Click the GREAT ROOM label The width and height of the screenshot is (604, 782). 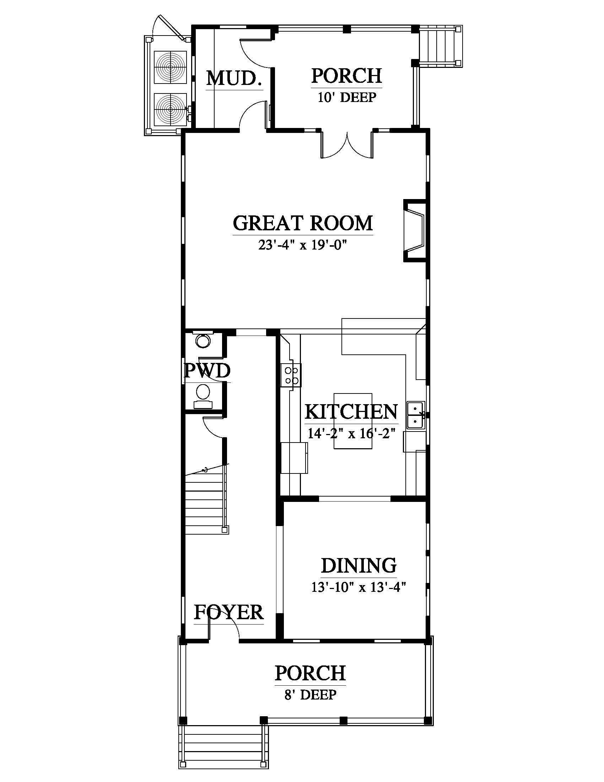pyautogui.click(x=303, y=223)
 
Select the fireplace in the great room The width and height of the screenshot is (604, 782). pyautogui.click(x=415, y=231)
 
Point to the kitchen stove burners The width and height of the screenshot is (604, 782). pyautogui.click(x=291, y=375)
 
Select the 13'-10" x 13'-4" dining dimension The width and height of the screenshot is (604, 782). pyautogui.click(x=358, y=588)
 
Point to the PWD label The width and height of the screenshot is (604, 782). pyautogui.click(x=207, y=371)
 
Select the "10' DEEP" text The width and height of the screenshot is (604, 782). pyautogui.click(x=347, y=97)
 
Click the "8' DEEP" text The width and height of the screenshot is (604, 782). pyautogui.click(x=310, y=695)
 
